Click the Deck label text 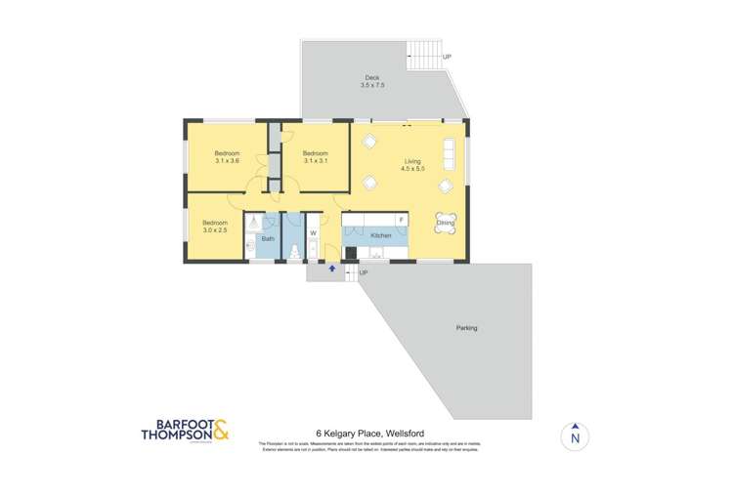pyautogui.click(x=371, y=78)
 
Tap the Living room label pyautogui.click(x=412, y=160)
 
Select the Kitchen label pyautogui.click(x=381, y=236)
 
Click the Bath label pyautogui.click(x=268, y=238)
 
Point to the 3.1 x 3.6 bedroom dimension pyautogui.click(x=227, y=161)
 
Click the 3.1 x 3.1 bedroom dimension pyautogui.click(x=314, y=161)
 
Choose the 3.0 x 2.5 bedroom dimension pyautogui.click(x=214, y=230)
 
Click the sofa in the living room pyautogui.click(x=450, y=152)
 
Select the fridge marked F pyautogui.click(x=401, y=220)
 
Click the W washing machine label pyautogui.click(x=313, y=232)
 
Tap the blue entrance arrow pyautogui.click(x=331, y=268)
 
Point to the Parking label pyautogui.click(x=466, y=328)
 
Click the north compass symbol pyautogui.click(x=575, y=435)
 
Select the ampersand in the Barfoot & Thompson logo pyautogui.click(x=220, y=430)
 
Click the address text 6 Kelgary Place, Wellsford pyautogui.click(x=369, y=433)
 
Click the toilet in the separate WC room pyautogui.click(x=293, y=252)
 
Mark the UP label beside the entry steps pyautogui.click(x=364, y=272)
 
